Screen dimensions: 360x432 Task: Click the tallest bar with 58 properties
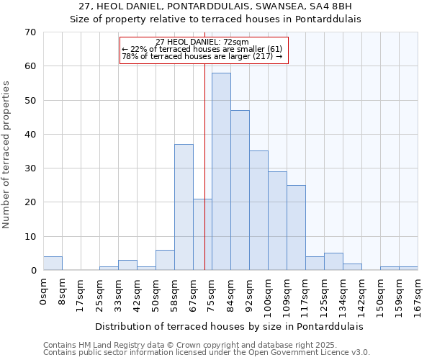tap(221, 171)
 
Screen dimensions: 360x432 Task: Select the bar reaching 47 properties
tap(240, 190)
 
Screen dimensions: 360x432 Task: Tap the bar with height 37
tap(184, 207)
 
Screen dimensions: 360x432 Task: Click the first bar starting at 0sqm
tap(53, 264)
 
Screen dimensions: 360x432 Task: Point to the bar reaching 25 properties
tap(296, 228)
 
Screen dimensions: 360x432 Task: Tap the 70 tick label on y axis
tap(30, 32)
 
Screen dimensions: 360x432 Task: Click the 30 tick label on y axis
tap(30, 168)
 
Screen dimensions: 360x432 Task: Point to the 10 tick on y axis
tap(30, 236)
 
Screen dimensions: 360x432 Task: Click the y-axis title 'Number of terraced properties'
tap(6, 155)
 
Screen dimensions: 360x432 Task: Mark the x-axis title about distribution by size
tap(229, 326)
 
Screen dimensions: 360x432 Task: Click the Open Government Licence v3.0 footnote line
tap(207, 353)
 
